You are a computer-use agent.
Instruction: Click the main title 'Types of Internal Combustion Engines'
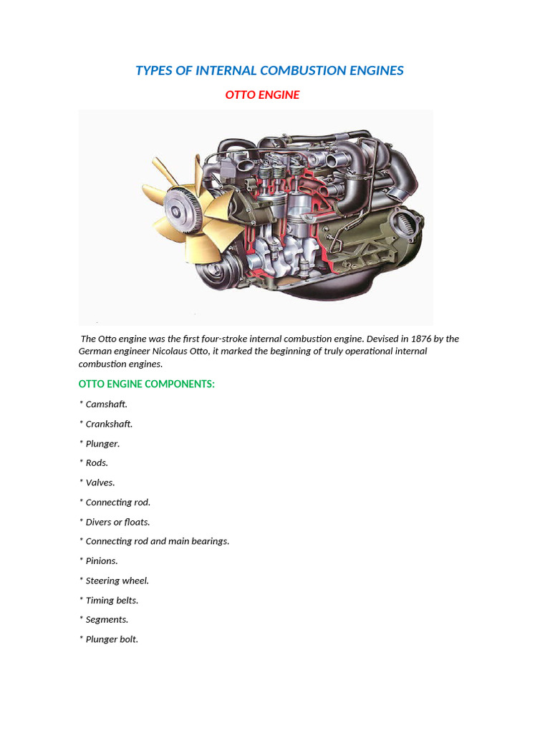(269, 70)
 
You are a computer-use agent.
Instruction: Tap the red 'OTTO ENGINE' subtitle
(262, 94)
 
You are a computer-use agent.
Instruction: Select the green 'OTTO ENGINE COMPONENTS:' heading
(146, 384)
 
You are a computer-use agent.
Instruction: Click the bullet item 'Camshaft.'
(106, 404)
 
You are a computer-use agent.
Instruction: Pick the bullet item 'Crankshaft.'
(109, 424)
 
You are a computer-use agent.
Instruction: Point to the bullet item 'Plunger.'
(102, 443)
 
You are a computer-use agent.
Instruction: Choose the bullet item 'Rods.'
(97, 462)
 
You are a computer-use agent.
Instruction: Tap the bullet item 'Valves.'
(100, 482)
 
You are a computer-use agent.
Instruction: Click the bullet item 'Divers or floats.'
(117, 522)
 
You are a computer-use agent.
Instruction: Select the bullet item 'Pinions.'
(102, 560)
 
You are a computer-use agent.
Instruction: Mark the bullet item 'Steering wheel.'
(117, 581)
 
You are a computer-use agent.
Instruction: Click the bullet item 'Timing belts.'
(112, 600)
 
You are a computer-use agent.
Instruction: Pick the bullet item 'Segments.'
(107, 619)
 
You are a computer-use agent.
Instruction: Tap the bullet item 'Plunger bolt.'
(112, 639)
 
